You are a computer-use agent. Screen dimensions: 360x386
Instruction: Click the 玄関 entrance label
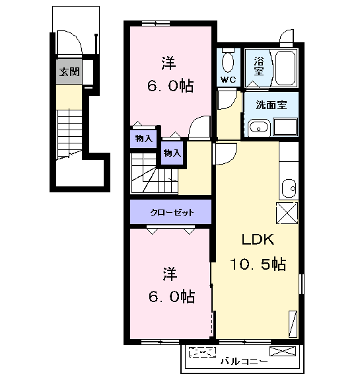tap(69, 72)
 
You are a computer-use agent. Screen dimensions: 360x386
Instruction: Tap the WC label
tap(229, 79)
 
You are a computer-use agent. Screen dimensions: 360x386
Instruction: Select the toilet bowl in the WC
tap(228, 61)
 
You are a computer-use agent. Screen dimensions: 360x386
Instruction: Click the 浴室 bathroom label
tap(259, 66)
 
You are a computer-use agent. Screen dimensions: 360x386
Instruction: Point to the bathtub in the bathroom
tap(285, 68)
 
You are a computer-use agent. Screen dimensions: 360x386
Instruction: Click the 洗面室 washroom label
tap(271, 105)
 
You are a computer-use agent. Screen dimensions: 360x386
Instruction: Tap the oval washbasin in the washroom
tap(259, 128)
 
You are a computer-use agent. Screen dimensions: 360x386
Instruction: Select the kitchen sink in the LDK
tap(289, 188)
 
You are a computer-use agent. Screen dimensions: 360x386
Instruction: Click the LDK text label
tap(258, 239)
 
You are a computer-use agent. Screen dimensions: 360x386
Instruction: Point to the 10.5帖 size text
tap(258, 264)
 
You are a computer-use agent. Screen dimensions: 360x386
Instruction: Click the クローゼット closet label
tap(172, 212)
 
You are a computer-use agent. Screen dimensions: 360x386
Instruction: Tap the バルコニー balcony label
tap(244, 362)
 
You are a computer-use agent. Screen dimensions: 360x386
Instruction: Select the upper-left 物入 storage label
tap(144, 139)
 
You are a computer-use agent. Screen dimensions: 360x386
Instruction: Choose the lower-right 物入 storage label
tap(172, 153)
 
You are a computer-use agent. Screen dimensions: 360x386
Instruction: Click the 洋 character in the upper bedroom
tap(169, 63)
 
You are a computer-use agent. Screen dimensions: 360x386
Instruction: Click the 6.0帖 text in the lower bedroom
tap(172, 296)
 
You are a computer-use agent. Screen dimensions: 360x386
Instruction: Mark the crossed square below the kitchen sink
tap(287, 213)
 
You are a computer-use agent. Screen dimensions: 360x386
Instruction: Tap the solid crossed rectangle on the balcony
tap(283, 351)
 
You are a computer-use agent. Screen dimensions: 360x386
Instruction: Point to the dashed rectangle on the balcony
tap(202, 352)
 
